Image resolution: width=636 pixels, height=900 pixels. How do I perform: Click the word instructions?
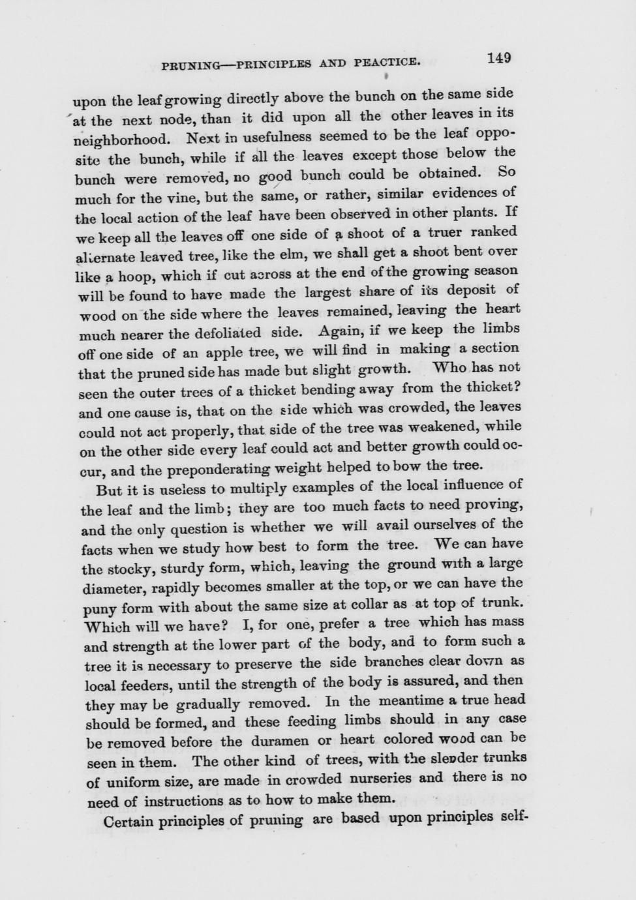(185, 801)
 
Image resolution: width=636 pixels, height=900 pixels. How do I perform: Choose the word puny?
(101, 610)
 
